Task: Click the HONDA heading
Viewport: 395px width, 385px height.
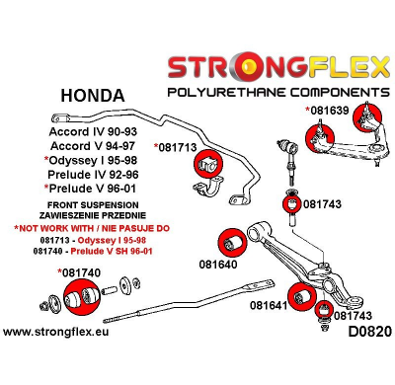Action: tap(93, 96)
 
